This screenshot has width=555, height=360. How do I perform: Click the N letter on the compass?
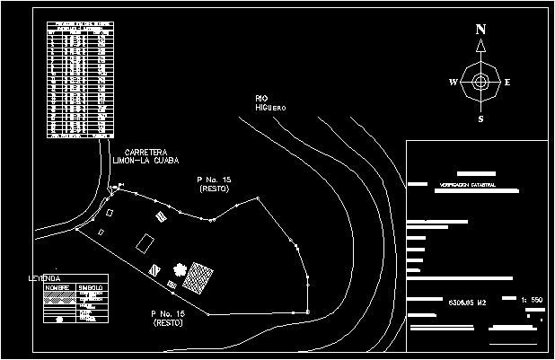point(480,30)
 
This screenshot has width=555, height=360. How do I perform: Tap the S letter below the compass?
point(480,119)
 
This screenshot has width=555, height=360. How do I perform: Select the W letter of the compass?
point(453,83)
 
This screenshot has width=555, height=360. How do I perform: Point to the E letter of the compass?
point(507,83)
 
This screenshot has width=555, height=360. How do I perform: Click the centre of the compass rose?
point(480,82)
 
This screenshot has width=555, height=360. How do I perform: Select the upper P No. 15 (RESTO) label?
point(214,185)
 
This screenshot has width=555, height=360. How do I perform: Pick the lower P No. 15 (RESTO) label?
point(168,317)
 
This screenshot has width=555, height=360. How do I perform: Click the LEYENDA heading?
point(44,279)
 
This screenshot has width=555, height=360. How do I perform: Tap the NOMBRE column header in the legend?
point(57,288)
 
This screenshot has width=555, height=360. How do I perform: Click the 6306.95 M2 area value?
point(468,301)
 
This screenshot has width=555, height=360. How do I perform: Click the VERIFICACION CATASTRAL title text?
point(468,185)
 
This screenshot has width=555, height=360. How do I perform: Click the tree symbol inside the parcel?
point(179,270)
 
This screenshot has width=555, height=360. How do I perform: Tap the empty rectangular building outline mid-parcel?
point(145,241)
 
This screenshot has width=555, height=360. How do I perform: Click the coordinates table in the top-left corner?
point(80,79)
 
